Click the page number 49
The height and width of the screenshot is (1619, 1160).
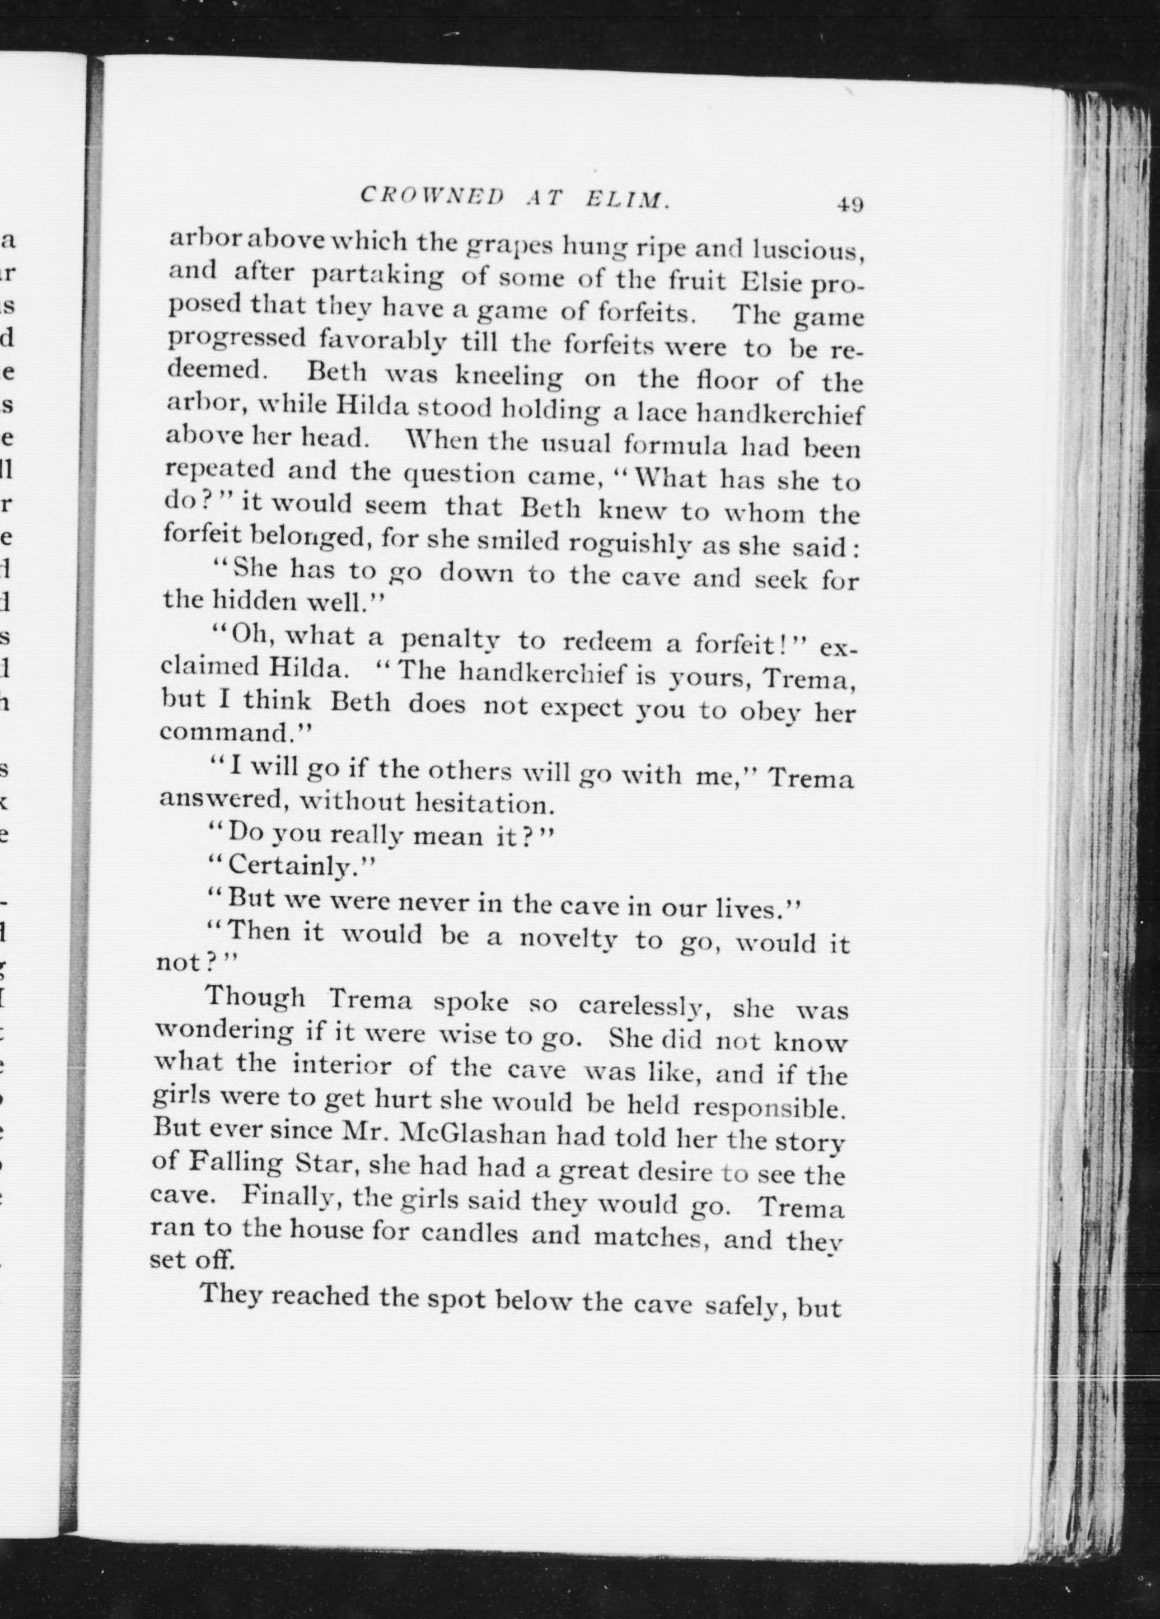[x=850, y=205]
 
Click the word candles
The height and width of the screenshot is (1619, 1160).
[x=470, y=1233]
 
